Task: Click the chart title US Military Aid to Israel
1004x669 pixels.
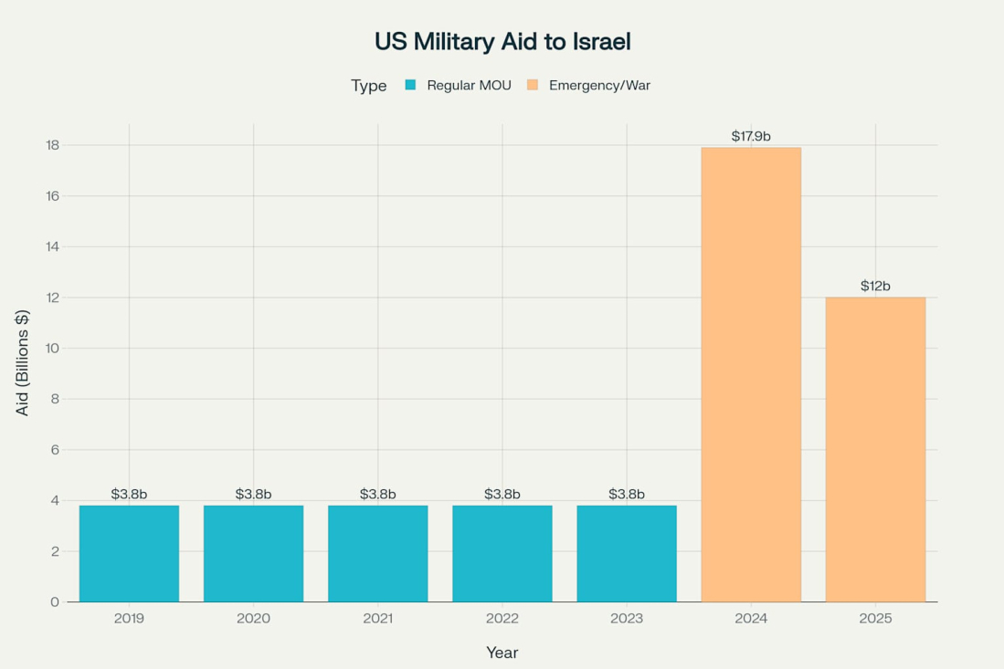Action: coord(502,41)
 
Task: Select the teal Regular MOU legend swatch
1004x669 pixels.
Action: coord(410,85)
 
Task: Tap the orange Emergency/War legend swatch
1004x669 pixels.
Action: coord(533,85)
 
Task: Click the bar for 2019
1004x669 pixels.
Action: coord(129,553)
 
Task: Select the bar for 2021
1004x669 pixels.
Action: coord(377,553)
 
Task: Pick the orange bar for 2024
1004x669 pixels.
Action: coord(751,374)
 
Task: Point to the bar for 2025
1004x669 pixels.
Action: coord(875,449)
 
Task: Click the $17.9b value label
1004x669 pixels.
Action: coord(751,136)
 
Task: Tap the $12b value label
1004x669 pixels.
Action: coord(875,286)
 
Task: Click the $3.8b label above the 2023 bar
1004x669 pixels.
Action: coord(627,494)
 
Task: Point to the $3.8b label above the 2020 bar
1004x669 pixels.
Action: coord(253,494)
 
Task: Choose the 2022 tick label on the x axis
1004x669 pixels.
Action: coord(502,618)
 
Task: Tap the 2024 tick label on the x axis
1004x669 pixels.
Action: coord(751,618)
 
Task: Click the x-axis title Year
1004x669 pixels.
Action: coord(502,653)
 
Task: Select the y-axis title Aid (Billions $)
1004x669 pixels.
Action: coord(23,362)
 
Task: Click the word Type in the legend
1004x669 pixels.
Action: coord(368,85)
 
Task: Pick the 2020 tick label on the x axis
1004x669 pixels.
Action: coord(253,618)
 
